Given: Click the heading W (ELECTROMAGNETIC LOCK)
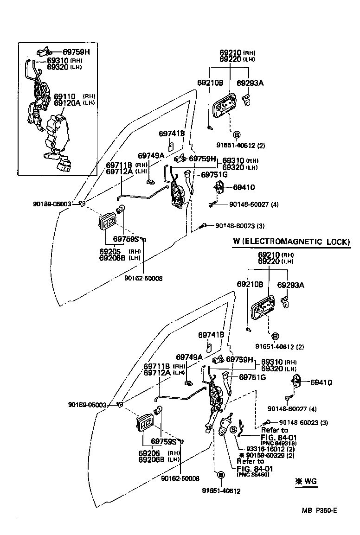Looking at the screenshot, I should tap(291, 242).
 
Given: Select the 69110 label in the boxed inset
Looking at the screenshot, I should tap(64, 96).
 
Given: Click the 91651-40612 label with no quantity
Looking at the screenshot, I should tap(221, 491).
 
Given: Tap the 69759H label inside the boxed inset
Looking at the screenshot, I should tap(76, 52).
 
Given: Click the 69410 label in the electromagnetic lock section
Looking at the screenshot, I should tap(321, 382).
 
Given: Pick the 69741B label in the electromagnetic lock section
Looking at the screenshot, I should tap(211, 334).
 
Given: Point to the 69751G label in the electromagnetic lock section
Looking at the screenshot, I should tap(252, 377).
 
